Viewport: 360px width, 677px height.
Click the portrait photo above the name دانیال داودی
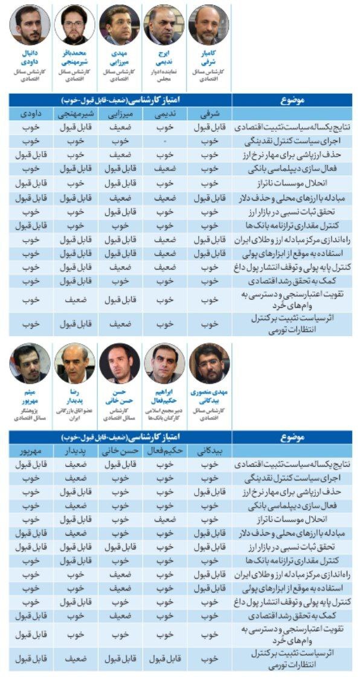pyautogui.click(x=29, y=24)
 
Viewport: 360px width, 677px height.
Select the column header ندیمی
pyautogui.click(x=164, y=113)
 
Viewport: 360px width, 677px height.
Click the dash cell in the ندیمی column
pyautogui.click(x=164, y=141)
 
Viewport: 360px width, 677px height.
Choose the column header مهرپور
pyautogui.click(x=29, y=450)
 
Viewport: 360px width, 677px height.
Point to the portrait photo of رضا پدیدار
pyautogui.click(x=74, y=363)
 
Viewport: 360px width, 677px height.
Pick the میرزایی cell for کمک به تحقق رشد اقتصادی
pyautogui.click(x=120, y=281)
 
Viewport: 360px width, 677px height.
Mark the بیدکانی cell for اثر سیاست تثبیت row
pyautogui.click(x=209, y=659)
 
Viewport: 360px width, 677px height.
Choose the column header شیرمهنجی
pyautogui.click(x=74, y=113)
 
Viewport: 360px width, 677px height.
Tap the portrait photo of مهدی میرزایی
pyautogui.click(x=120, y=24)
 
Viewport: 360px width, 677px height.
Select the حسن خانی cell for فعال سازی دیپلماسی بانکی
pyautogui.click(x=120, y=505)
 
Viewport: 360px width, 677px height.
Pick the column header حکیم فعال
pyautogui.click(x=164, y=450)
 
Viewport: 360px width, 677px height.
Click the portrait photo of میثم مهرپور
pyautogui.click(x=29, y=363)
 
